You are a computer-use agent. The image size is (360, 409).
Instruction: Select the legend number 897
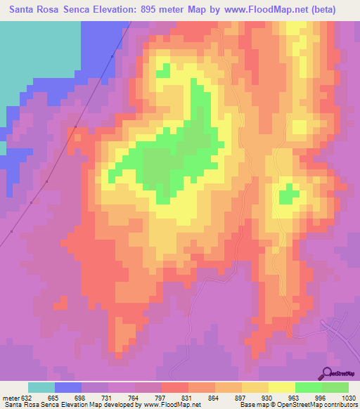(x=242, y=398)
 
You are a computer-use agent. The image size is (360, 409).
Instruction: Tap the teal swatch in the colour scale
(x=41, y=387)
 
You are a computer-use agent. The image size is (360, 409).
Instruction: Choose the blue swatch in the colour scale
(x=68, y=387)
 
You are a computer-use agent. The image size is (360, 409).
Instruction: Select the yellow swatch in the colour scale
(x=282, y=387)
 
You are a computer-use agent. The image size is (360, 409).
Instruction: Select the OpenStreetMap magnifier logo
(x=326, y=373)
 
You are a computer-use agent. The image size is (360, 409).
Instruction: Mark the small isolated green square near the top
(x=163, y=70)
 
